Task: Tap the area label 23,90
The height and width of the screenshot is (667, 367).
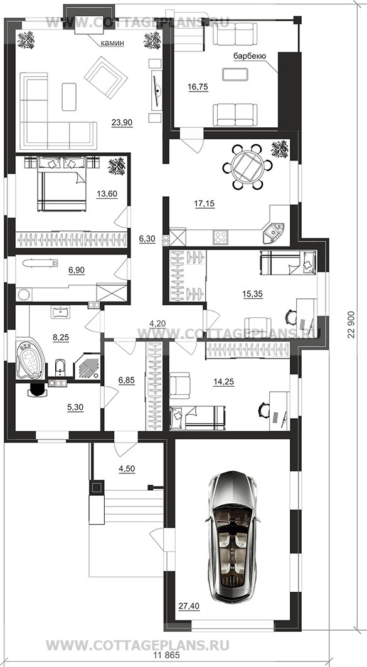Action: coord(122,123)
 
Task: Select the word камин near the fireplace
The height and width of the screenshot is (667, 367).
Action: coord(112,43)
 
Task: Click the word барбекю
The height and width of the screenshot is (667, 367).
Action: coord(250,56)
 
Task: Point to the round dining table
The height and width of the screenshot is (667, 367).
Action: coord(247,166)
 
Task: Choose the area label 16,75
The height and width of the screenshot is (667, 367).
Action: coord(198,87)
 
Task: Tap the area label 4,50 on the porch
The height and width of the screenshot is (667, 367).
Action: coord(127,469)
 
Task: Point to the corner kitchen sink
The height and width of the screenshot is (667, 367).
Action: coord(274,232)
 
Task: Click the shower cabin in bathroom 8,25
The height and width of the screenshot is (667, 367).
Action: coord(88,365)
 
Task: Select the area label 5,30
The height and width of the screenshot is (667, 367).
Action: coord(75,407)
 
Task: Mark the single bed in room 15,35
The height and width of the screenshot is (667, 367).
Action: coord(288,262)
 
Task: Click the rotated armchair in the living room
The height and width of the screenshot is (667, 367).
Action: coord(106,77)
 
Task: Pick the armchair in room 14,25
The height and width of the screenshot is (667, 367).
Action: coord(179,386)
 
